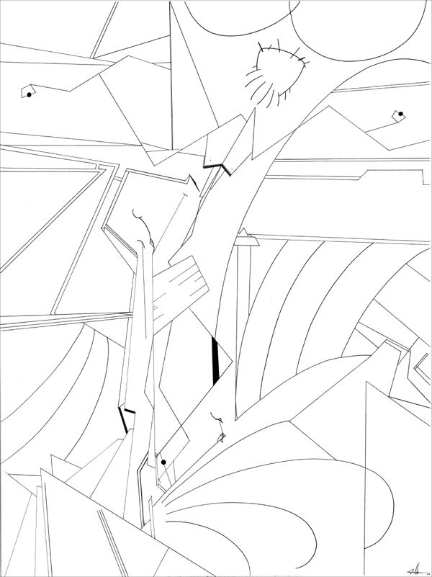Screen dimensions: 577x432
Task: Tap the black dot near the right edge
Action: tap(400, 114)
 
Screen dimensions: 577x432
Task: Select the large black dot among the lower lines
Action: tap(164, 462)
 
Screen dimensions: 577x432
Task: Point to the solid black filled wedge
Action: tap(215, 357)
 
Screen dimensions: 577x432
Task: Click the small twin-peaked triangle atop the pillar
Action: tap(246, 234)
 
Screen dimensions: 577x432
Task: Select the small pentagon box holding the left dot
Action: tap(30, 91)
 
